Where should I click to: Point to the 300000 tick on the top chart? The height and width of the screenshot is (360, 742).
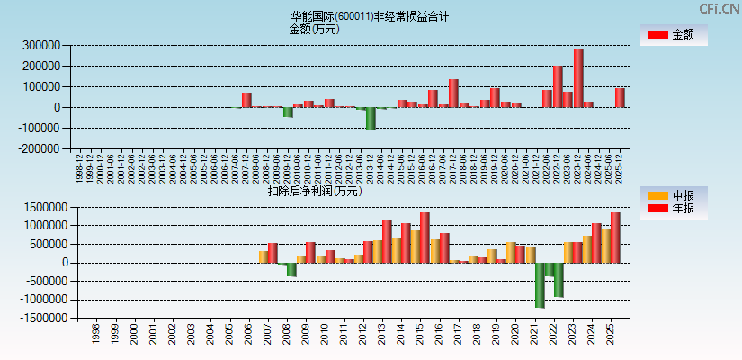pyautogui.click(x=41, y=45)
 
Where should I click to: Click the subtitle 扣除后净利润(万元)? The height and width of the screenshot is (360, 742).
pyautogui.click(x=315, y=191)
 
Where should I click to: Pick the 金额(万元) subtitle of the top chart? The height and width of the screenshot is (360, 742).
pyautogui.click(x=314, y=29)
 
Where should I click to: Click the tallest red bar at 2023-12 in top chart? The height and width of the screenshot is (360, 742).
pyautogui.click(x=578, y=77)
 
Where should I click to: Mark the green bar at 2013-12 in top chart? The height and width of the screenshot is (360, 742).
pyautogui.click(x=371, y=118)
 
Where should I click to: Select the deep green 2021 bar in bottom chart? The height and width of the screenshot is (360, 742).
pyautogui.click(x=540, y=284)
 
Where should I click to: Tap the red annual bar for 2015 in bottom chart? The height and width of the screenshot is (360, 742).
pyautogui.click(x=425, y=238)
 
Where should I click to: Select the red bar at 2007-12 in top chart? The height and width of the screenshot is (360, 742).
pyautogui.click(x=246, y=100)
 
